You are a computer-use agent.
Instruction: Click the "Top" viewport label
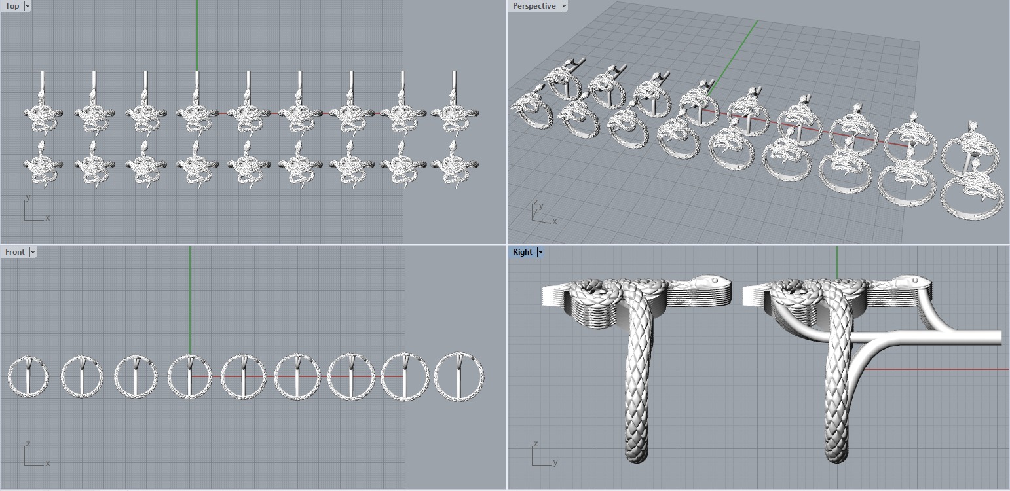[x=12, y=6]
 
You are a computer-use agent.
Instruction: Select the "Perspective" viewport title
[x=534, y=6]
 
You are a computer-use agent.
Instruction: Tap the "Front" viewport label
[x=14, y=252]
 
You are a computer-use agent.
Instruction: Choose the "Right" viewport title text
[x=522, y=252]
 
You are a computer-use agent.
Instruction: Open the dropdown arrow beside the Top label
[x=28, y=6]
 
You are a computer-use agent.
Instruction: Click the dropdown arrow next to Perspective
[x=564, y=6]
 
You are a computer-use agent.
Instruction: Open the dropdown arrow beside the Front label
[x=33, y=252]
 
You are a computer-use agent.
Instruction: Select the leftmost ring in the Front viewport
[x=28, y=377]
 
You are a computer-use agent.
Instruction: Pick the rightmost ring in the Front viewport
[x=459, y=377]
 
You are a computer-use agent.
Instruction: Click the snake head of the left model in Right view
[x=707, y=283]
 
